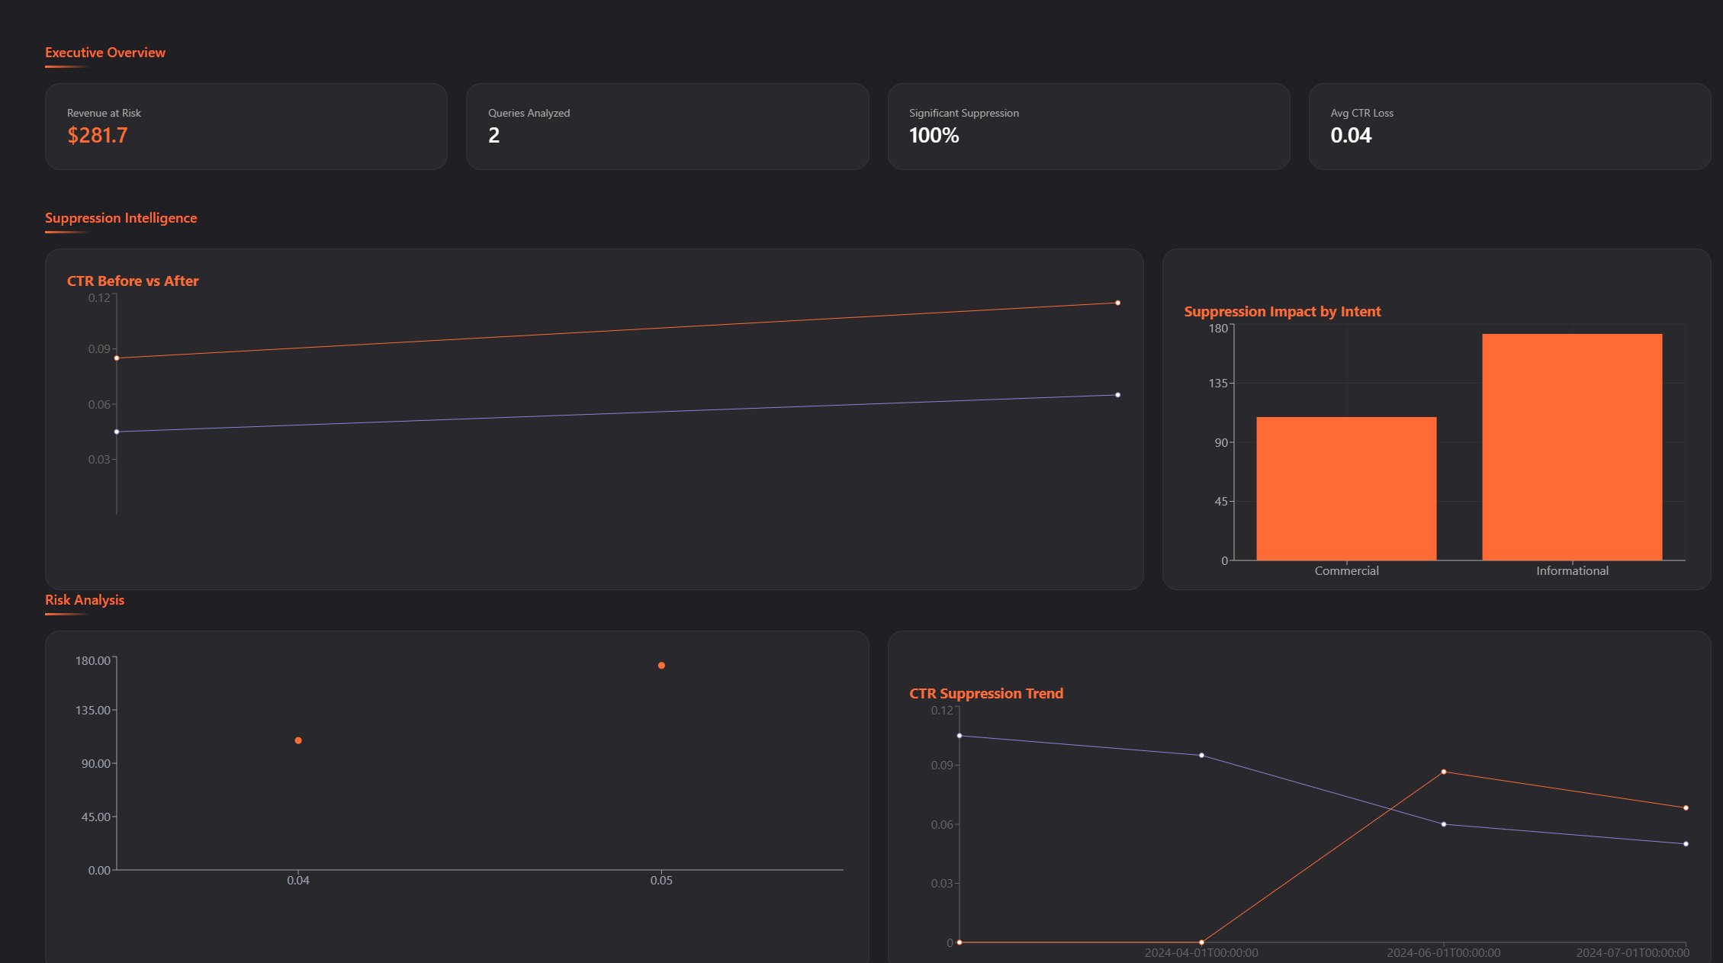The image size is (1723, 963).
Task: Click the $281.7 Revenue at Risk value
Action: coord(98,136)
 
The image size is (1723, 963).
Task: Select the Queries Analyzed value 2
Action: coord(494,136)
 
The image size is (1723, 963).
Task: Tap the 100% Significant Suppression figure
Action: coord(934,136)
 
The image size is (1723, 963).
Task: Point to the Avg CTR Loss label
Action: coord(1361,113)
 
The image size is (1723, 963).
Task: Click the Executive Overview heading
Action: coord(105,53)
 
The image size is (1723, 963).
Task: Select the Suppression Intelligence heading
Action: coord(121,218)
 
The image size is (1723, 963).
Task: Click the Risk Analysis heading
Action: coord(85,600)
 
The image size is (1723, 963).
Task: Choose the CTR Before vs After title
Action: coord(133,281)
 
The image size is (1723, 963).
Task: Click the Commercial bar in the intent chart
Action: coord(1346,489)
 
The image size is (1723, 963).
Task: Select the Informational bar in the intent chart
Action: coord(1572,447)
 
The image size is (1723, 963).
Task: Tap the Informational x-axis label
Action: coord(1572,571)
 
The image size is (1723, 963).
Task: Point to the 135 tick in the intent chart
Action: coord(1218,384)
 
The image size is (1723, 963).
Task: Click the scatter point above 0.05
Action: coord(661,666)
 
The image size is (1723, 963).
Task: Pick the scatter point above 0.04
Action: coord(298,740)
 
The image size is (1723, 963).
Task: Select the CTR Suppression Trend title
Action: coord(986,694)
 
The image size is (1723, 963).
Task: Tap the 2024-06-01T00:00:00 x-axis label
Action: coord(1443,953)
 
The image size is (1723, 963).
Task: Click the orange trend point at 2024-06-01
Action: coord(1444,772)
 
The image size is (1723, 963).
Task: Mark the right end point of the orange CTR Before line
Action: coord(1118,303)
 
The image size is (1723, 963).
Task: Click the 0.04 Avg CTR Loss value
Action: coord(1351,136)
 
